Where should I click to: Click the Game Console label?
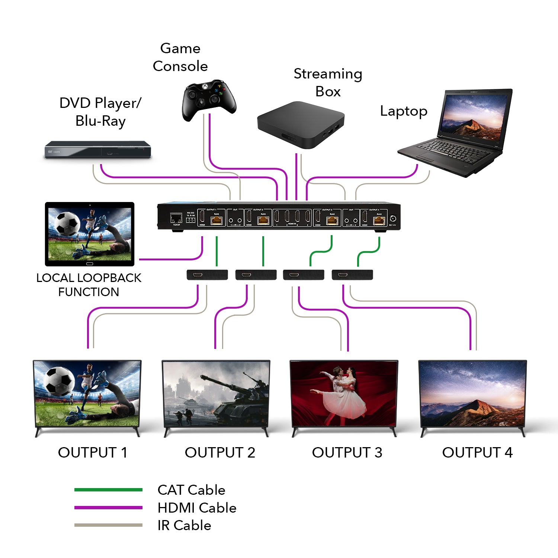180,57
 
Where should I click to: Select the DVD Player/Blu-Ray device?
97,150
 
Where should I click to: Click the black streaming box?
301,125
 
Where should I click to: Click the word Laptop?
403,111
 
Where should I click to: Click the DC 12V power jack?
393,219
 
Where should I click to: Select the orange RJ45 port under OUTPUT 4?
379,220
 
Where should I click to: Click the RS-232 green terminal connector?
190,220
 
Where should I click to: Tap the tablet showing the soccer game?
89,234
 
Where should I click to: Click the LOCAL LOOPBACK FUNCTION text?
89,285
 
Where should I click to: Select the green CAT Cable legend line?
108,490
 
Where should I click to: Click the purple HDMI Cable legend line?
108,507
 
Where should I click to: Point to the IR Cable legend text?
184,525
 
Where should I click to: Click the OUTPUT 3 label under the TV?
347,452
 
